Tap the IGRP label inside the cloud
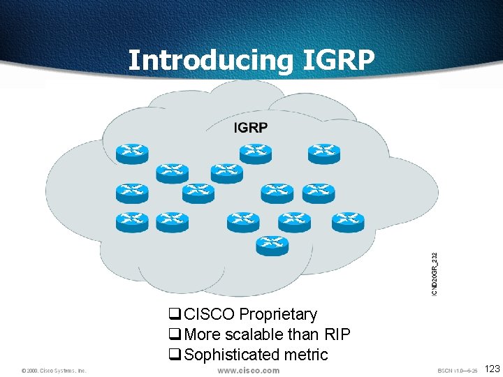(250, 127)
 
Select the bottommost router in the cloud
(272, 244)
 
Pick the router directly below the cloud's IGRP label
(255, 154)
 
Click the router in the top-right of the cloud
(323, 153)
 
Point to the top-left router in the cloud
(132, 153)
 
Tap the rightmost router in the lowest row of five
(348, 222)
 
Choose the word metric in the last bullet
(304, 355)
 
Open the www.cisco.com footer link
(248, 371)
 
